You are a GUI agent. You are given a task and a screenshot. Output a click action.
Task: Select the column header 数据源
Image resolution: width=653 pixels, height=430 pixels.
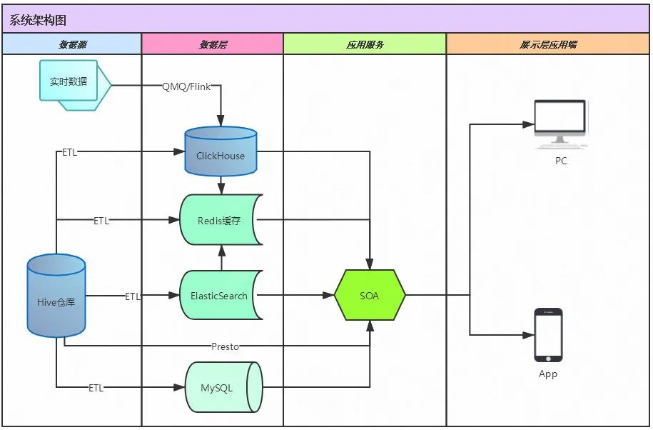[x=72, y=44]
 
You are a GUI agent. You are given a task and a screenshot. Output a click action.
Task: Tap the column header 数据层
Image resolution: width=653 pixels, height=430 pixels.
[x=213, y=44]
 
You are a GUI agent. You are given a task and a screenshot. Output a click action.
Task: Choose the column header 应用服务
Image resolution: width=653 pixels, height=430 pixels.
[x=365, y=44]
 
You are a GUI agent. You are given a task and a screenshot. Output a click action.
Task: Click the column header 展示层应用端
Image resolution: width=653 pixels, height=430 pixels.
[x=548, y=44]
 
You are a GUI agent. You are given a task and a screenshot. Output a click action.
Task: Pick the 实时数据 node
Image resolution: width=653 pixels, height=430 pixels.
[x=69, y=82]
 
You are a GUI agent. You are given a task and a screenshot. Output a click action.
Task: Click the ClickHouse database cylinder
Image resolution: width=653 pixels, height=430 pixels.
[x=221, y=153]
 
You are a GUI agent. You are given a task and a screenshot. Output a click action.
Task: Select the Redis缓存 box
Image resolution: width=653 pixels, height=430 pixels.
[x=220, y=221]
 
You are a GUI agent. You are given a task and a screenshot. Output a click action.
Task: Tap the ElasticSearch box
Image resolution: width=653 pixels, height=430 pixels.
[x=220, y=296]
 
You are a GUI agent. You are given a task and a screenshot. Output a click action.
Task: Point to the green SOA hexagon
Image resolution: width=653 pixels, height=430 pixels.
[x=370, y=296]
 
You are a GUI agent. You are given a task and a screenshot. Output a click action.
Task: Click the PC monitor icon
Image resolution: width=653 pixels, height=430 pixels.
[x=560, y=123]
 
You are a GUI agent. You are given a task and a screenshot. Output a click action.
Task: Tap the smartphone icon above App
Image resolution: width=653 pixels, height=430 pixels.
[x=548, y=334]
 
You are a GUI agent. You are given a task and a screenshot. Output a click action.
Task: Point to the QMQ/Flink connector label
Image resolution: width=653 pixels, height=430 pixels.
[x=186, y=87]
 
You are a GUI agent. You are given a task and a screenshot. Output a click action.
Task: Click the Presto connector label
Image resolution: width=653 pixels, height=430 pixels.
[x=226, y=346]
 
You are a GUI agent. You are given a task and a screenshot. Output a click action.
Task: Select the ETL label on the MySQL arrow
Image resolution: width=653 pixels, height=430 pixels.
[x=96, y=388]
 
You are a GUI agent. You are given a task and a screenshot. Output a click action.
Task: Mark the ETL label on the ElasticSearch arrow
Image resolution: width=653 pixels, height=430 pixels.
[x=133, y=296]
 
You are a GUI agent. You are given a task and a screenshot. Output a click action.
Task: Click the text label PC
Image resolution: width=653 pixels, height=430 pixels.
[x=561, y=161]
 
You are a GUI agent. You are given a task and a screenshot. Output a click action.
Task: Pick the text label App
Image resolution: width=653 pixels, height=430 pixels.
[x=548, y=374]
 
